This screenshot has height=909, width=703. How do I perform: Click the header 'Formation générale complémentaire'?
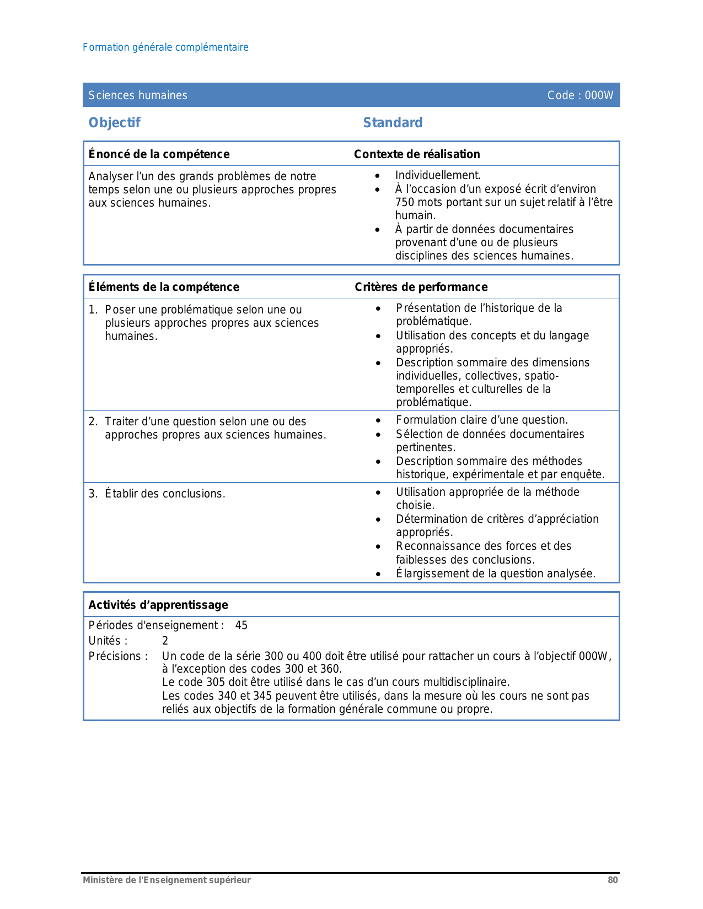(x=165, y=47)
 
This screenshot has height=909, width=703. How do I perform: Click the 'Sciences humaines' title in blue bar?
(x=138, y=95)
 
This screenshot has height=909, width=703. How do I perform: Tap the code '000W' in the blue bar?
(x=599, y=95)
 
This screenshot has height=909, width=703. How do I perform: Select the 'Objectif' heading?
(x=115, y=122)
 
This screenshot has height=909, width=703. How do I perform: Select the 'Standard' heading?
(x=393, y=122)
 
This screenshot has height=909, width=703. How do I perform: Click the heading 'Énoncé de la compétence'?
(x=159, y=154)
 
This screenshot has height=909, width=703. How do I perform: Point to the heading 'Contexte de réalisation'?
(x=417, y=154)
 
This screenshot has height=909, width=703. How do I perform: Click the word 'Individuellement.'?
(x=438, y=175)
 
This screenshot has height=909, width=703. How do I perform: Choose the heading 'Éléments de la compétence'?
(x=164, y=287)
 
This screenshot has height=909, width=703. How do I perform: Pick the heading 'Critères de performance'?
(x=421, y=287)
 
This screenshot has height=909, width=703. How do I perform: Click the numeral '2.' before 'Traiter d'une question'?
(x=93, y=421)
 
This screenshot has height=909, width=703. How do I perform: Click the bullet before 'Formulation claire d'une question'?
(x=378, y=420)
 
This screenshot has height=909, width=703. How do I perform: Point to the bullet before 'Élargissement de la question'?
(x=378, y=574)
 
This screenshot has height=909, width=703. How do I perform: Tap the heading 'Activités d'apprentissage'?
(x=158, y=605)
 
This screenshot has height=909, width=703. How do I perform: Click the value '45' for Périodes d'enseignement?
(x=241, y=625)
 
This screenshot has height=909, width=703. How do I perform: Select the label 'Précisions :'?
(x=118, y=656)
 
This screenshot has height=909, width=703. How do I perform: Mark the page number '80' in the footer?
(x=613, y=880)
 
